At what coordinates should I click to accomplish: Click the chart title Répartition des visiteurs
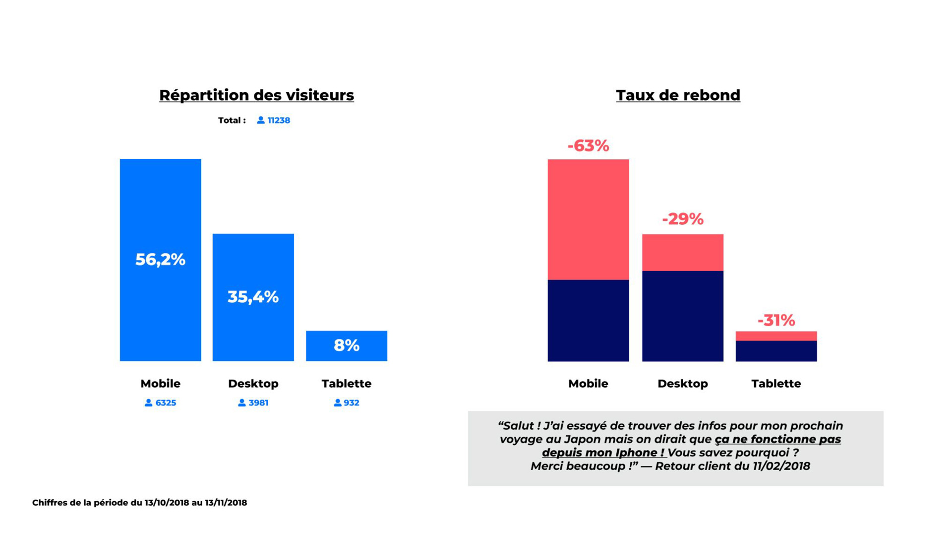pyautogui.click(x=256, y=95)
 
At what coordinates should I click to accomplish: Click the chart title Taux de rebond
pyautogui.click(x=678, y=95)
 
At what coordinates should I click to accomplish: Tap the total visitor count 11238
pyautogui.click(x=279, y=121)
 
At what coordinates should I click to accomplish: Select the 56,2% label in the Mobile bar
pyautogui.click(x=160, y=259)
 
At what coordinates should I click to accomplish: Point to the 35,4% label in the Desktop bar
pyautogui.click(x=253, y=297)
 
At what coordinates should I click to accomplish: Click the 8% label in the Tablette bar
pyautogui.click(x=346, y=345)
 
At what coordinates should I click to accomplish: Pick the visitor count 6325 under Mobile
pyautogui.click(x=166, y=403)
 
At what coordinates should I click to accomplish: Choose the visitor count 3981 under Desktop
pyautogui.click(x=258, y=403)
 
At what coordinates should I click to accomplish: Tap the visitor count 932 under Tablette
pyautogui.click(x=351, y=403)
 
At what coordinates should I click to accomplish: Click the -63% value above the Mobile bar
pyautogui.click(x=588, y=146)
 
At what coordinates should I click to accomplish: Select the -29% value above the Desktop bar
pyautogui.click(x=682, y=219)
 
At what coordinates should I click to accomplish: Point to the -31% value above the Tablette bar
pyautogui.click(x=776, y=321)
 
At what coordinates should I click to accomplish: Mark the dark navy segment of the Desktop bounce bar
pyautogui.click(x=682, y=316)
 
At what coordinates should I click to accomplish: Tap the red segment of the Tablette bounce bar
pyautogui.click(x=776, y=336)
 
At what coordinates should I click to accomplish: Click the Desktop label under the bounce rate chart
pyautogui.click(x=682, y=384)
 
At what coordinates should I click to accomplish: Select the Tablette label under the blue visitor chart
pyautogui.click(x=346, y=384)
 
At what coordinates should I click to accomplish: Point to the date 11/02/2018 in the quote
pyautogui.click(x=781, y=466)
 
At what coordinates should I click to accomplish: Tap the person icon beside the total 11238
pyautogui.click(x=261, y=120)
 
